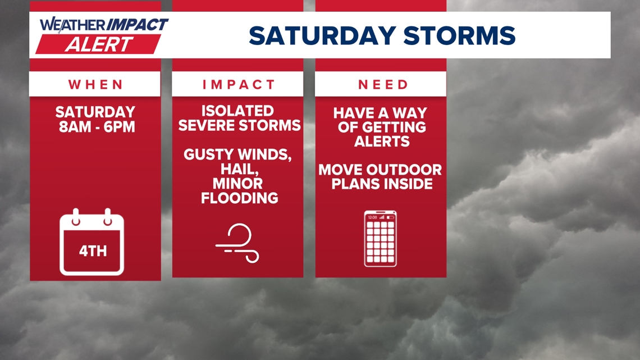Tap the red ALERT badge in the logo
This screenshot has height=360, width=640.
pos(99,44)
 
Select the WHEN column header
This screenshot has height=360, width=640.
pos(95,84)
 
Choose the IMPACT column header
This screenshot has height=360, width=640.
pos(239,84)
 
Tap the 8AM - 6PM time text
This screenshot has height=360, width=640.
pos(97,127)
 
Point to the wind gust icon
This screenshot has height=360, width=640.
pos(238,243)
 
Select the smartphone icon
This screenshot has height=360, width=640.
pos(381,238)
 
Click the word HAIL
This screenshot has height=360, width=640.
pos(237,169)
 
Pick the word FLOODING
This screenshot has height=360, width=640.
pos(239,198)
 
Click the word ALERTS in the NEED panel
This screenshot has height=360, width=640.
pos(382,141)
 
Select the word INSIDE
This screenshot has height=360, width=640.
pos(404,184)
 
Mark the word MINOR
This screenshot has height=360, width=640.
pos(238,183)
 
